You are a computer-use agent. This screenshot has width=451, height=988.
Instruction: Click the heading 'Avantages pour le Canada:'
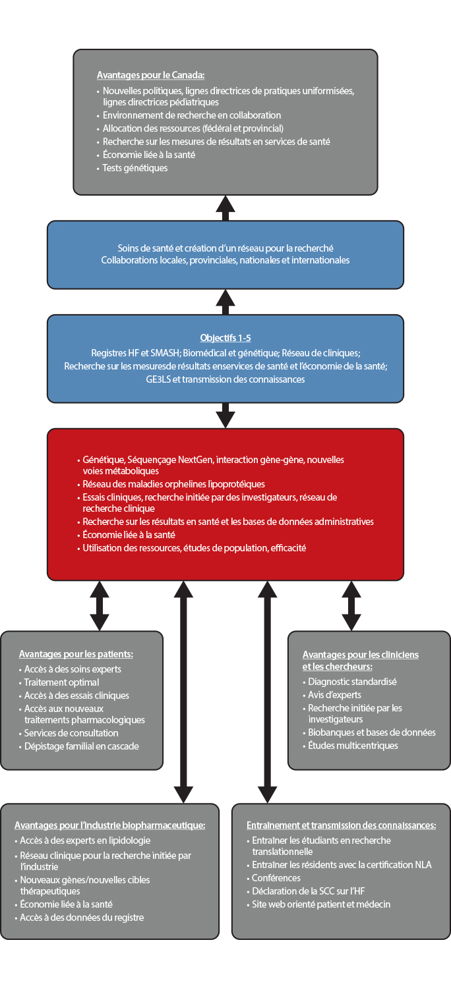pyautogui.click(x=150, y=76)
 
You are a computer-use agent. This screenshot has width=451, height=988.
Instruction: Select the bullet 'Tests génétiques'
pyautogui.click(x=135, y=168)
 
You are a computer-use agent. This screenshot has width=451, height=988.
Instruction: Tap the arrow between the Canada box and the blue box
pyautogui.click(x=225, y=208)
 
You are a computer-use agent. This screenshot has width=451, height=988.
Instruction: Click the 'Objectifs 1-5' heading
pyautogui.click(x=225, y=338)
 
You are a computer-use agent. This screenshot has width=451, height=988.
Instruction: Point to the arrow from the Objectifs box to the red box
pyautogui.click(x=225, y=415)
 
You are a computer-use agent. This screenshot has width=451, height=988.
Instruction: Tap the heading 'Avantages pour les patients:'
pyautogui.click(x=76, y=654)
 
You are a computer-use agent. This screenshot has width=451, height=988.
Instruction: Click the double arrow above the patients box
pyautogui.click(x=100, y=606)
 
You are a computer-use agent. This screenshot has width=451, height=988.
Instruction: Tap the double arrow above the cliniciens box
pyautogui.click(x=351, y=606)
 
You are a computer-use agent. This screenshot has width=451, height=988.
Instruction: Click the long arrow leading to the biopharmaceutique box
pyautogui.click(x=183, y=692)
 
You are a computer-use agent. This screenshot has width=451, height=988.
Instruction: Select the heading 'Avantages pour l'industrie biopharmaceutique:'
pyautogui.click(x=110, y=825)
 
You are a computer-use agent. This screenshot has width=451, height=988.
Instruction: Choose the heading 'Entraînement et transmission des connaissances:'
pyautogui.click(x=342, y=825)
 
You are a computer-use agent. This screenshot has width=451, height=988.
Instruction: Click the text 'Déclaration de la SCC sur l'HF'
pyautogui.click(x=309, y=891)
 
